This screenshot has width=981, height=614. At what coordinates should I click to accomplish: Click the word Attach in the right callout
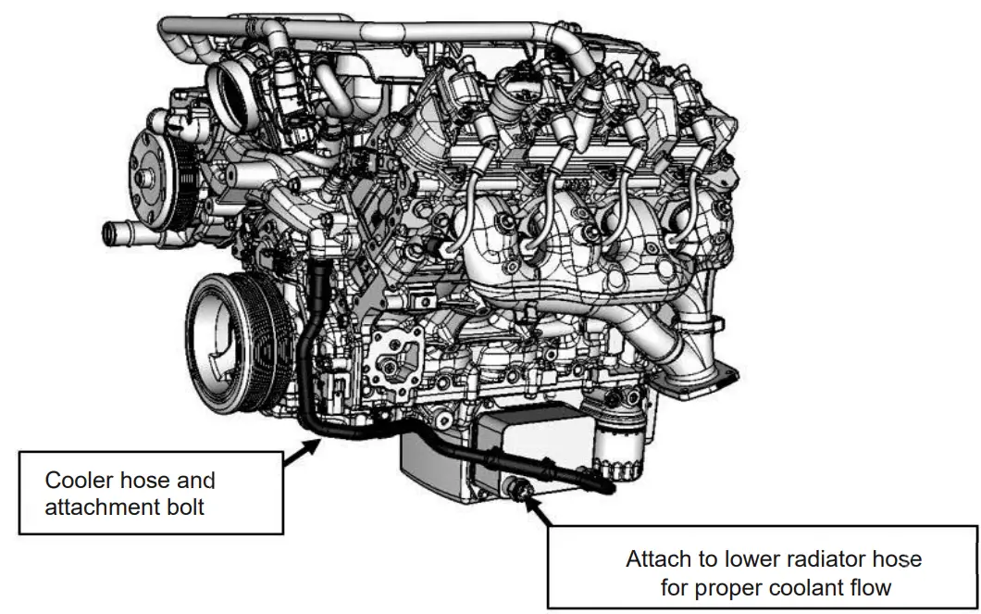pyautogui.click(x=654, y=559)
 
